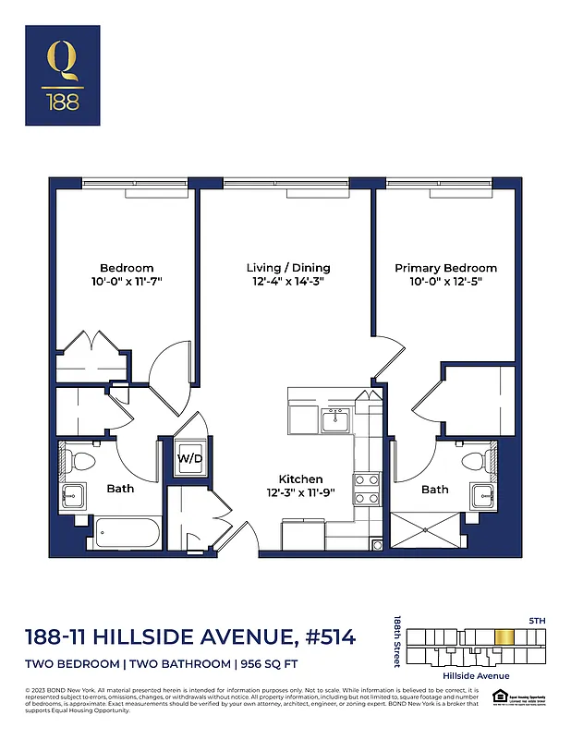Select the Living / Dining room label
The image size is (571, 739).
288,268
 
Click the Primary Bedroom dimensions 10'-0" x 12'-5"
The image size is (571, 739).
445,281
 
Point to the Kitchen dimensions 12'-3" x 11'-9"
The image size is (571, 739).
301,492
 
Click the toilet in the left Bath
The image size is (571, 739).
81,459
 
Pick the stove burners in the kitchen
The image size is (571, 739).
367,488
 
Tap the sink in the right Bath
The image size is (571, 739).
483,495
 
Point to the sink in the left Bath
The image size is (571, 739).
73,495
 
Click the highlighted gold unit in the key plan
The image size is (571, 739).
504,636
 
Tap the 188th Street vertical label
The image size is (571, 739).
396,643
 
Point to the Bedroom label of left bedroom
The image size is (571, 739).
127,268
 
